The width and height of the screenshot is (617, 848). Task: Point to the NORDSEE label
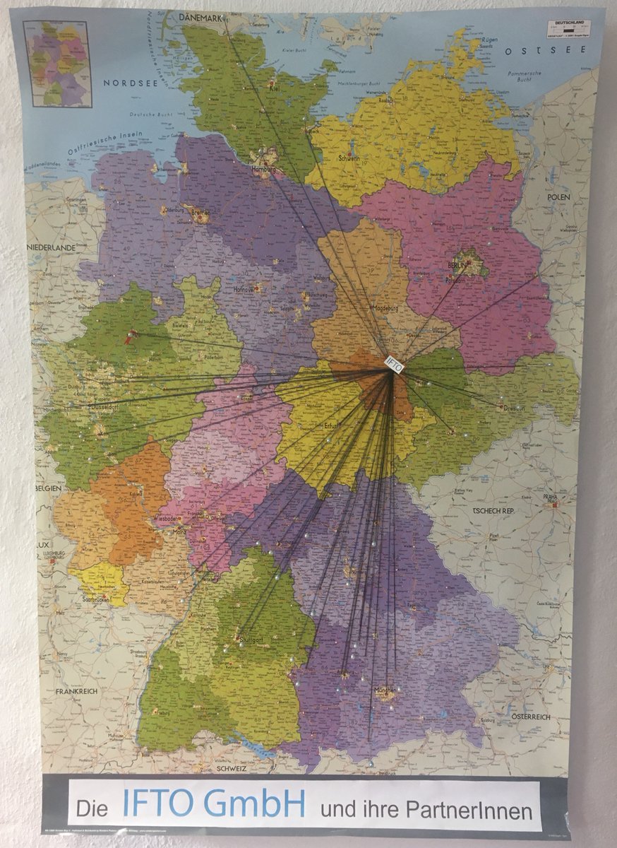click(128, 83)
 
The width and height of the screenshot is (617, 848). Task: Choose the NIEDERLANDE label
click(51, 248)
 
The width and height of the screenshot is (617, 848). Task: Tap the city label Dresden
click(514, 408)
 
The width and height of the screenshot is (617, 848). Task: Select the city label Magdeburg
click(382, 308)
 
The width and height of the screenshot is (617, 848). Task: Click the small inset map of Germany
click(57, 64)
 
